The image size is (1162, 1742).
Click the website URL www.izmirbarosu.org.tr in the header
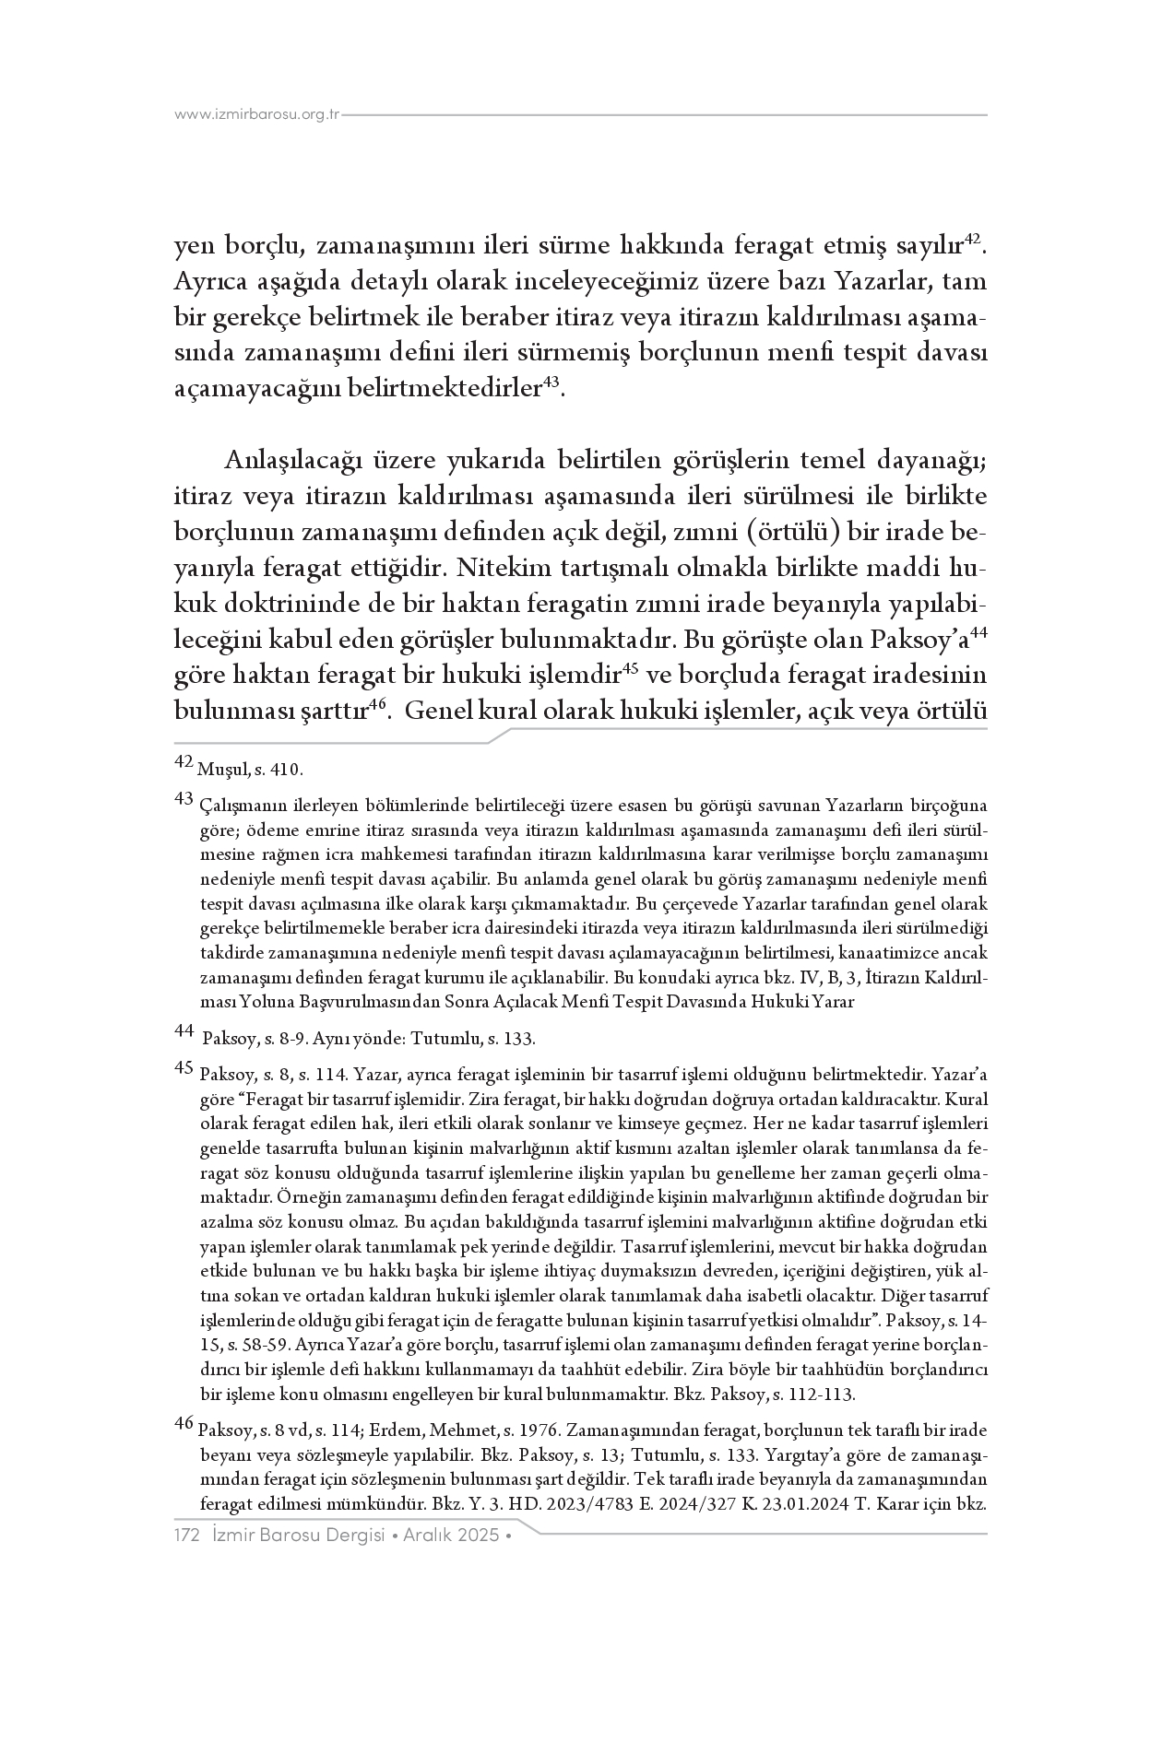(x=257, y=115)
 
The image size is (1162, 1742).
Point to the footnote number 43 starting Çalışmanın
(x=183, y=798)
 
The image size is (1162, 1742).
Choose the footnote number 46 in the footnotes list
(x=183, y=1423)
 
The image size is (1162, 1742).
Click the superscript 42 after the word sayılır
(x=973, y=240)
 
